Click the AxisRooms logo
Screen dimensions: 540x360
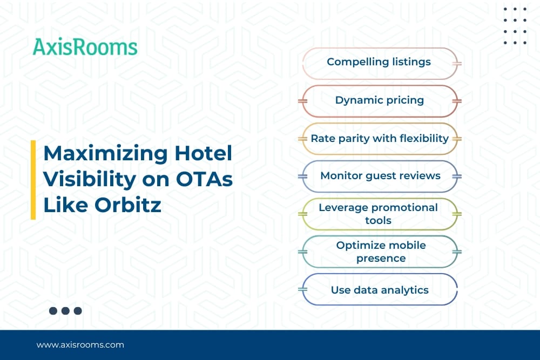coord(85,47)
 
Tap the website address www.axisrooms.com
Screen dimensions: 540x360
coord(80,345)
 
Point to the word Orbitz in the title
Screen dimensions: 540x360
coord(128,205)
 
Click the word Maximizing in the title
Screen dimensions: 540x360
coord(106,154)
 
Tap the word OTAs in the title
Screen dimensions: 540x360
coord(204,179)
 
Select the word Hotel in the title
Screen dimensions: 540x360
coord(203,153)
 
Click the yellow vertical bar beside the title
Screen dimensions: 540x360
coord(33,180)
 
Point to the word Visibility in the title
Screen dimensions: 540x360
coord(90,180)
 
